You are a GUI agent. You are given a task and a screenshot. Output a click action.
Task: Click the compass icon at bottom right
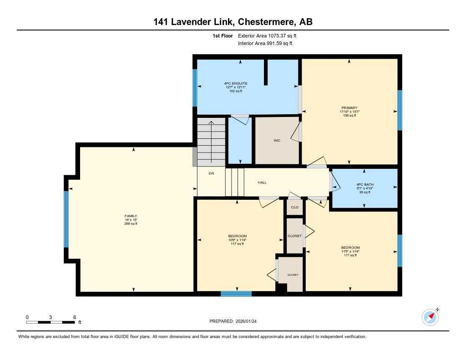[430, 317]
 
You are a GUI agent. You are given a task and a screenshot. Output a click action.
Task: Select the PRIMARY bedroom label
[349, 108]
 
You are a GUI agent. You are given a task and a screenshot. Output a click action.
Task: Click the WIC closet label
[277, 141]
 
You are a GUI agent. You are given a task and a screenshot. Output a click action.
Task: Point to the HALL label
[262, 183]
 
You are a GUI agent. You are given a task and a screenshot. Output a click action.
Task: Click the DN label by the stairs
[211, 173]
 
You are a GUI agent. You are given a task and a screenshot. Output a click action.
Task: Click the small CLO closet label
[294, 207]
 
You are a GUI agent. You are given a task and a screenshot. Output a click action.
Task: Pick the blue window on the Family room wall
[66, 219]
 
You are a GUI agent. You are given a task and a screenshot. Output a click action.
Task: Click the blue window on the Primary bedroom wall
[400, 110]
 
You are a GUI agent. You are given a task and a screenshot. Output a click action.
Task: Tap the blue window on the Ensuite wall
[195, 88]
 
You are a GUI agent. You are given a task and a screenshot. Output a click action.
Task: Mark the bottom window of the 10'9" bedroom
[236, 294]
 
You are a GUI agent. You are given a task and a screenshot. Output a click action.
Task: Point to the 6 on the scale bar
[74, 317]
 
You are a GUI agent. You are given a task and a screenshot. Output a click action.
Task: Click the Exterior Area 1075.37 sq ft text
[270, 35]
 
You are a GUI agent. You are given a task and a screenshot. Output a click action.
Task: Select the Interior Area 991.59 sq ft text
[265, 44]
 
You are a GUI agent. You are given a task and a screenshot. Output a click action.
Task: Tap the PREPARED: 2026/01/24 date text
[236, 321]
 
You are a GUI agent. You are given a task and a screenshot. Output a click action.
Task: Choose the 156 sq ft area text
[349, 116]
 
